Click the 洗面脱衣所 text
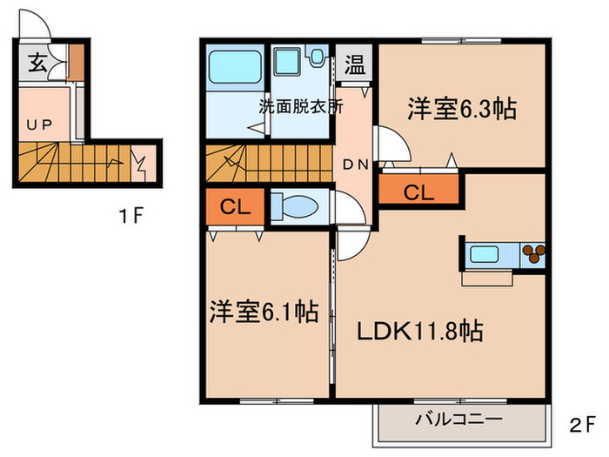coord(299,108)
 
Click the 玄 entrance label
coord(37,62)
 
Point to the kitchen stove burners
coord(532,255)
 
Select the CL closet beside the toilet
coord(231,207)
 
